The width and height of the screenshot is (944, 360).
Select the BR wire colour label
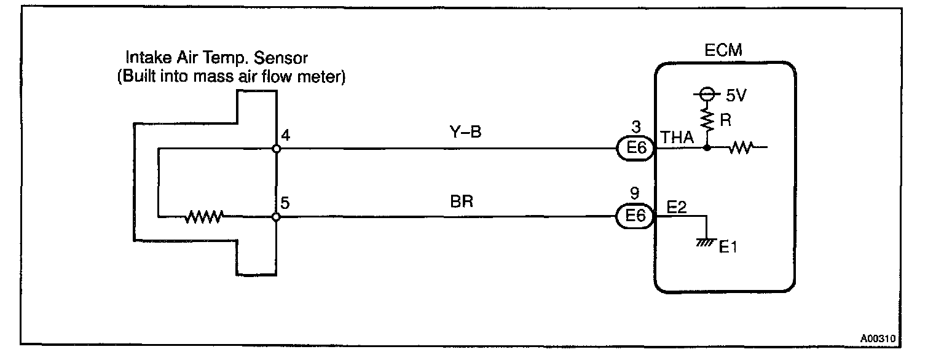tap(462, 201)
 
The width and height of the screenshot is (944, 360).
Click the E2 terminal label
tap(676, 208)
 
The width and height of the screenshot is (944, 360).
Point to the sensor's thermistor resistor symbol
tap(205, 216)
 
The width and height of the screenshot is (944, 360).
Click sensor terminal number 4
tap(285, 135)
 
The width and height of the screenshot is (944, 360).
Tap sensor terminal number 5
tap(285, 202)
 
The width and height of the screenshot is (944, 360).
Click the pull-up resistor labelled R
tap(707, 121)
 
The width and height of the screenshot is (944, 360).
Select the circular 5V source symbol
tap(707, 95)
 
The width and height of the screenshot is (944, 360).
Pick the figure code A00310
tap(878, 338)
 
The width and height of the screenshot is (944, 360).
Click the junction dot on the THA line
tap(707, 148)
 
